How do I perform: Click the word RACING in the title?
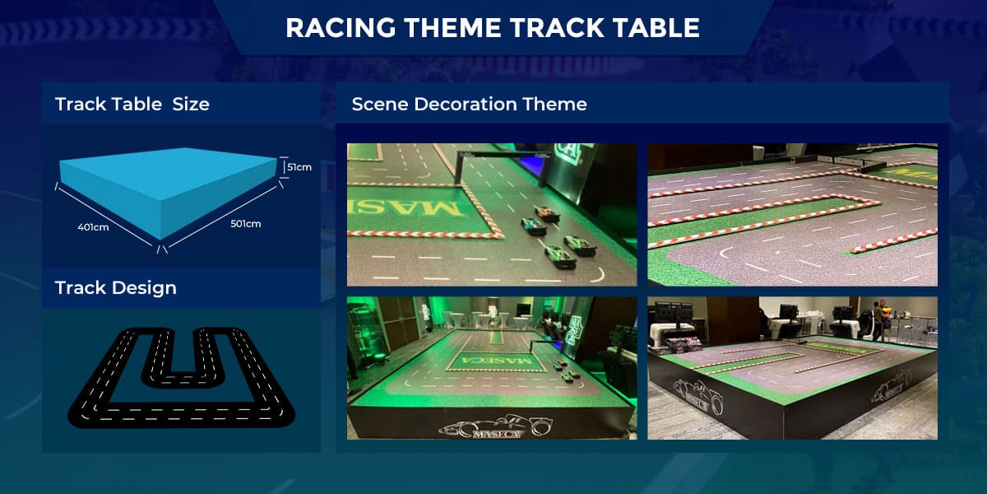341,27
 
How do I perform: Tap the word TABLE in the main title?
656,27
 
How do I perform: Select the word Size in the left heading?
191,105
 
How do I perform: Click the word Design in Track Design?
144,288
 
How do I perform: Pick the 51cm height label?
299,167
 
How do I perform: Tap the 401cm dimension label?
93,227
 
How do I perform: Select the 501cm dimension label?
245,224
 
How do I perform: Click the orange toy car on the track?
548,214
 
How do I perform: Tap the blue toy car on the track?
534,226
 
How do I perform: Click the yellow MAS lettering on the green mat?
406,208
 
